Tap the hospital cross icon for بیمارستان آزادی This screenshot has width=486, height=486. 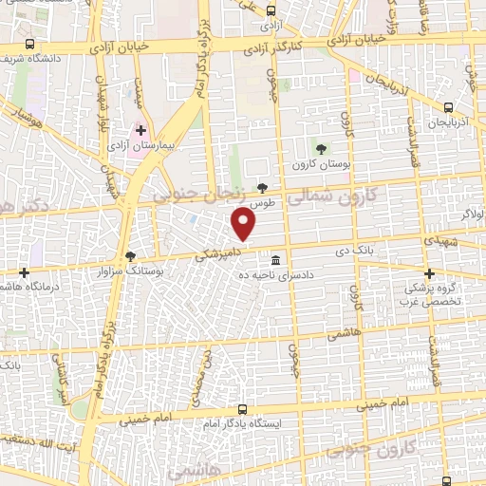pyautogui.click(x=141, y=130)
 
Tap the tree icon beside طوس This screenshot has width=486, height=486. pyautogui.click(x=262, y=189)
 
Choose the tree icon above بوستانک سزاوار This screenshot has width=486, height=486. pyautogui.click(x=131, y=255)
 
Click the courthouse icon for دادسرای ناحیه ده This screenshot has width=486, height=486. pyautogui.click(x=275, y=260)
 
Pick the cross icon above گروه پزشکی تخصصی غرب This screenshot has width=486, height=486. pyautogui.click(x=428, y=273)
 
